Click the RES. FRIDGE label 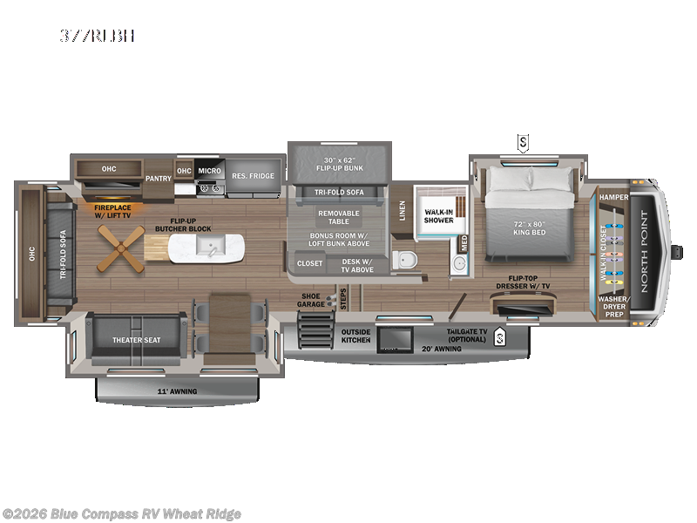(253, 176)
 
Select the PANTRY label (158, 178)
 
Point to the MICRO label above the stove (209, 171)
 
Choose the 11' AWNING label (176, 391)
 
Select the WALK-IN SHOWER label (438, 215)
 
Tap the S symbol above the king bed (523, 142)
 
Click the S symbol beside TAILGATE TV (499, 336)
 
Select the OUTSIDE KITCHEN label (355, 335)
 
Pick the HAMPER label (613, 198)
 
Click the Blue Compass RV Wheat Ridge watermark (122, 513)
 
